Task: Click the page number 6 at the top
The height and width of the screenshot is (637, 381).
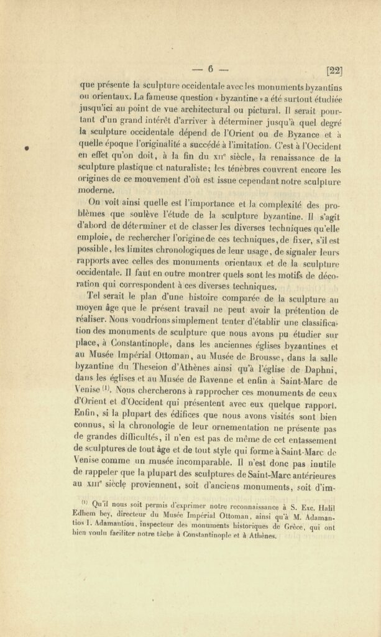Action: point(211,69)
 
